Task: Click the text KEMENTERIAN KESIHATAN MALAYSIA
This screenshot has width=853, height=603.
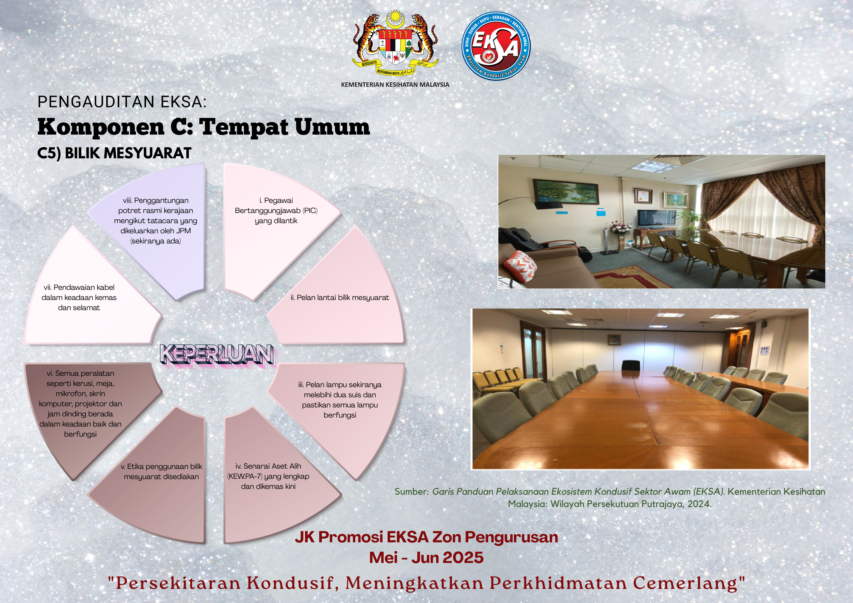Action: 395,85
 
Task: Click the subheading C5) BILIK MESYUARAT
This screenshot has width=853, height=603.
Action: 115,153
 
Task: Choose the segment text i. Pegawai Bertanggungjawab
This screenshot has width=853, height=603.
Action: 276,211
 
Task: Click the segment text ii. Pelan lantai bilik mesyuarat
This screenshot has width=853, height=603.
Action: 340,297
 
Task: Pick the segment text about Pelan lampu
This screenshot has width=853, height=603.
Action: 340,400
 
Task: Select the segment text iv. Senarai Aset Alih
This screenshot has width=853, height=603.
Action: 268,476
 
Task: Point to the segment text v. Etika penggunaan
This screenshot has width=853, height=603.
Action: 162,472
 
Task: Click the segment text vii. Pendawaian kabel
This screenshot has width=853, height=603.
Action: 79,297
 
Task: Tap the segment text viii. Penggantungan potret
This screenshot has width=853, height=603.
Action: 156,221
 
